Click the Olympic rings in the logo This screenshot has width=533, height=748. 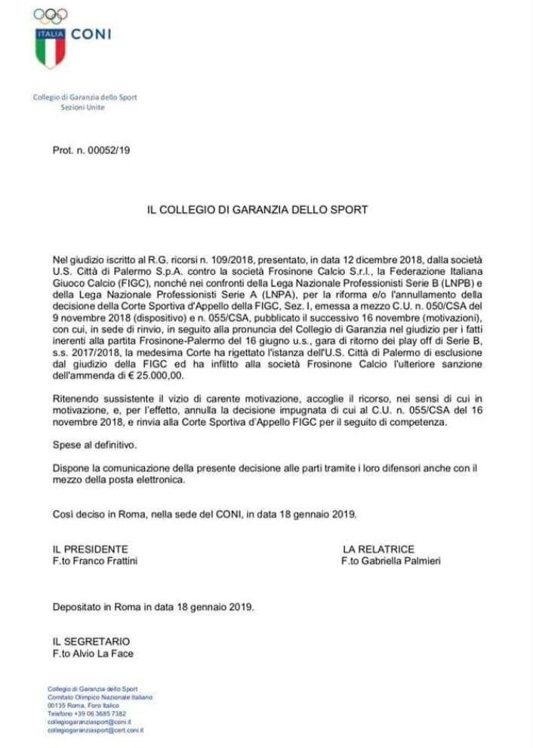click(51, 15)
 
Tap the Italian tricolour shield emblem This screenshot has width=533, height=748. click(51, 47)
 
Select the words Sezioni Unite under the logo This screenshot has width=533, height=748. click(83, 107)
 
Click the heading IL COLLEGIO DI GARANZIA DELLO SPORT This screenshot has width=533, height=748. click(257, 210)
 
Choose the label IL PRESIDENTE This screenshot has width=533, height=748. click(90, 549)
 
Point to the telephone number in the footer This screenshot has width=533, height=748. click(103, 713)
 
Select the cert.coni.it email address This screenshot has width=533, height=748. click(96, 731)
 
